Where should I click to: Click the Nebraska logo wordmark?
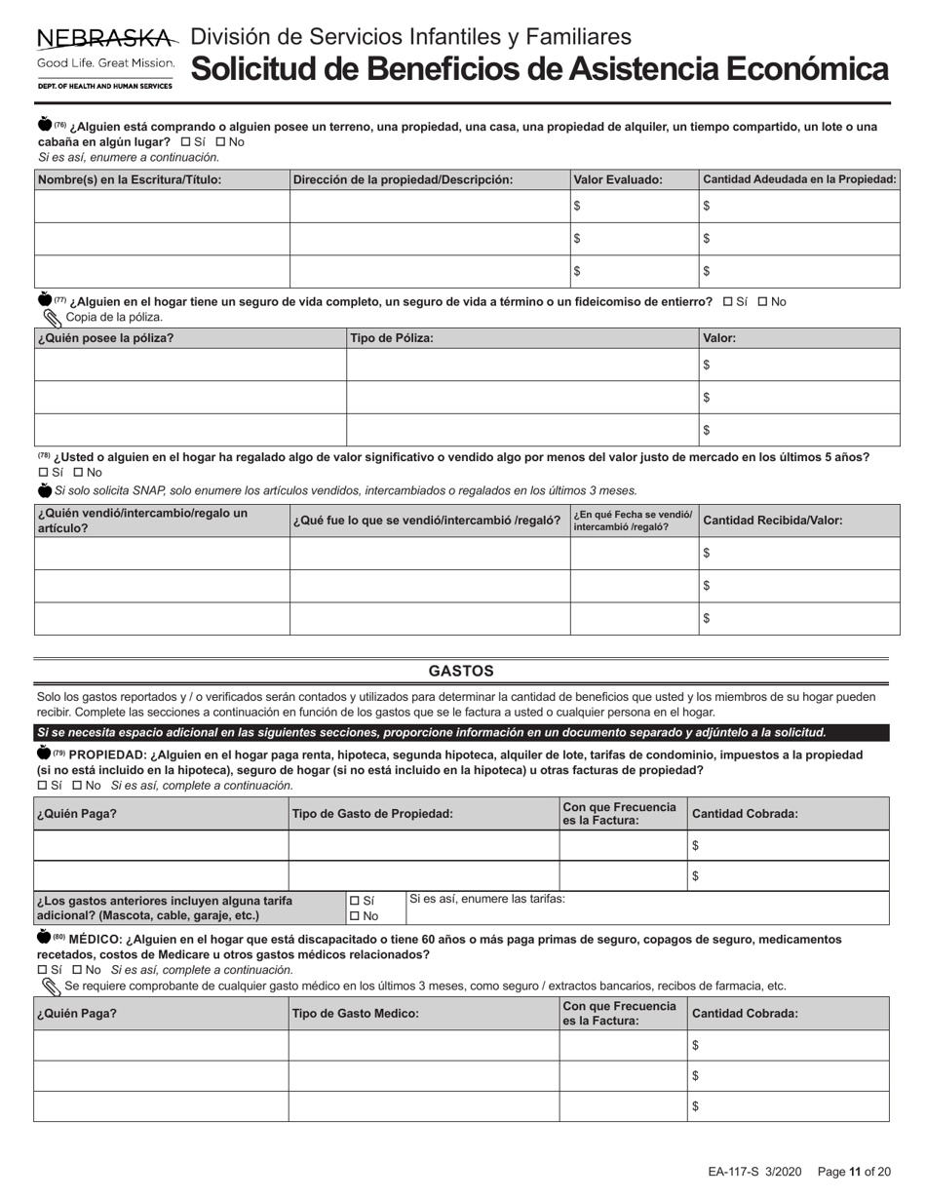point(105,39)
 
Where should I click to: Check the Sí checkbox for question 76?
point(186,142)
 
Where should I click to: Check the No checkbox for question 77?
point(762,302)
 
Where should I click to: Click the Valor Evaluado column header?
point(618,179)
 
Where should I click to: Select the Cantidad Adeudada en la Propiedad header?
point(798,179)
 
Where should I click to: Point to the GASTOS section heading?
point(461,672)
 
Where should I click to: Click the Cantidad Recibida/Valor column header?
point(773,521)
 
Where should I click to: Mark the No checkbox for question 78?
point(79,473)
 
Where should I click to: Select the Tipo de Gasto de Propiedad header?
point(372,813)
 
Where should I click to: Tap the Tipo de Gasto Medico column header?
point(356,1014)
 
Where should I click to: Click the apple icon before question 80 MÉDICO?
point(43,938)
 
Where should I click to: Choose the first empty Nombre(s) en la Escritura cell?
point(162,206)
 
